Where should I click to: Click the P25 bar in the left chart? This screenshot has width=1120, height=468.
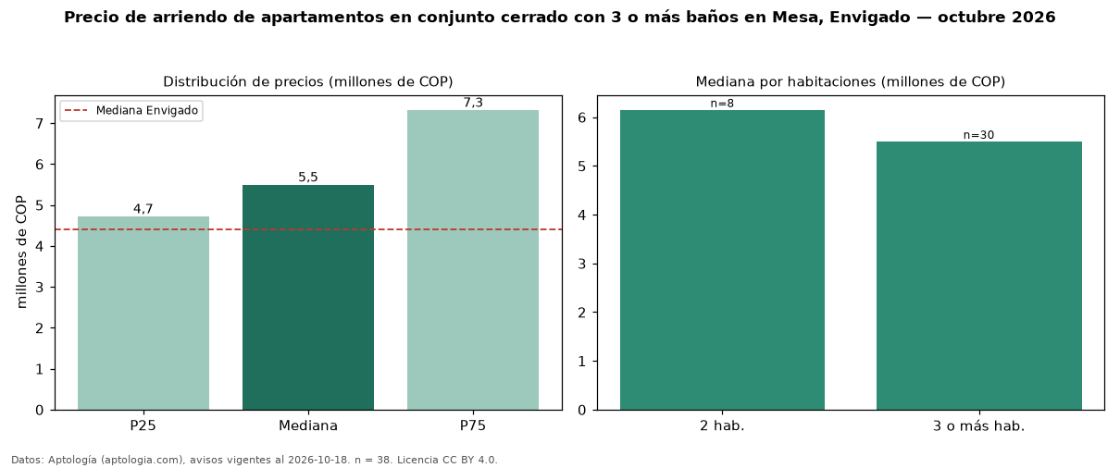tap(143, 314)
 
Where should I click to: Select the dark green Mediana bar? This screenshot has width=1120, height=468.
tap(308, 298)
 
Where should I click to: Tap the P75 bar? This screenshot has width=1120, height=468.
tap(473, 260)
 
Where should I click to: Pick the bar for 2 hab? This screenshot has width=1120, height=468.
tap(722, 260)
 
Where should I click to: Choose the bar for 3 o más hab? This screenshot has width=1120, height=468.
tap(979, 276)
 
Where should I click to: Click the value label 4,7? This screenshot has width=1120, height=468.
tap(143, 209)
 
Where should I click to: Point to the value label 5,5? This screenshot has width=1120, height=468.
tap(308, 178)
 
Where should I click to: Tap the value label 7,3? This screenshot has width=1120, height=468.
tap(473, 103)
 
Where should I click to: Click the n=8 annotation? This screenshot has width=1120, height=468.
tap(722, 104)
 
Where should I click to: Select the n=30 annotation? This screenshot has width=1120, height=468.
tap(979, 135)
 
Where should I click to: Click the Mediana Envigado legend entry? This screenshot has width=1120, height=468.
tap(131, 110)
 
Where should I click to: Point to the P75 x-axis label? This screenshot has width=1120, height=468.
tap(473, 425)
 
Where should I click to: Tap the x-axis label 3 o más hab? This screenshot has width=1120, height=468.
tap(979, 426)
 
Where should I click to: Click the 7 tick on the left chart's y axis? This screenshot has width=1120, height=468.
tap(40, 123)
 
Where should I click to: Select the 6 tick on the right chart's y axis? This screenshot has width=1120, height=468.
tap(581, 117)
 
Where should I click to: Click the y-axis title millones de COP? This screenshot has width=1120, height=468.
tap(21, 252)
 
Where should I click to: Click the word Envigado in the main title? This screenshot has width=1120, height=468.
tap(869, 18)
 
